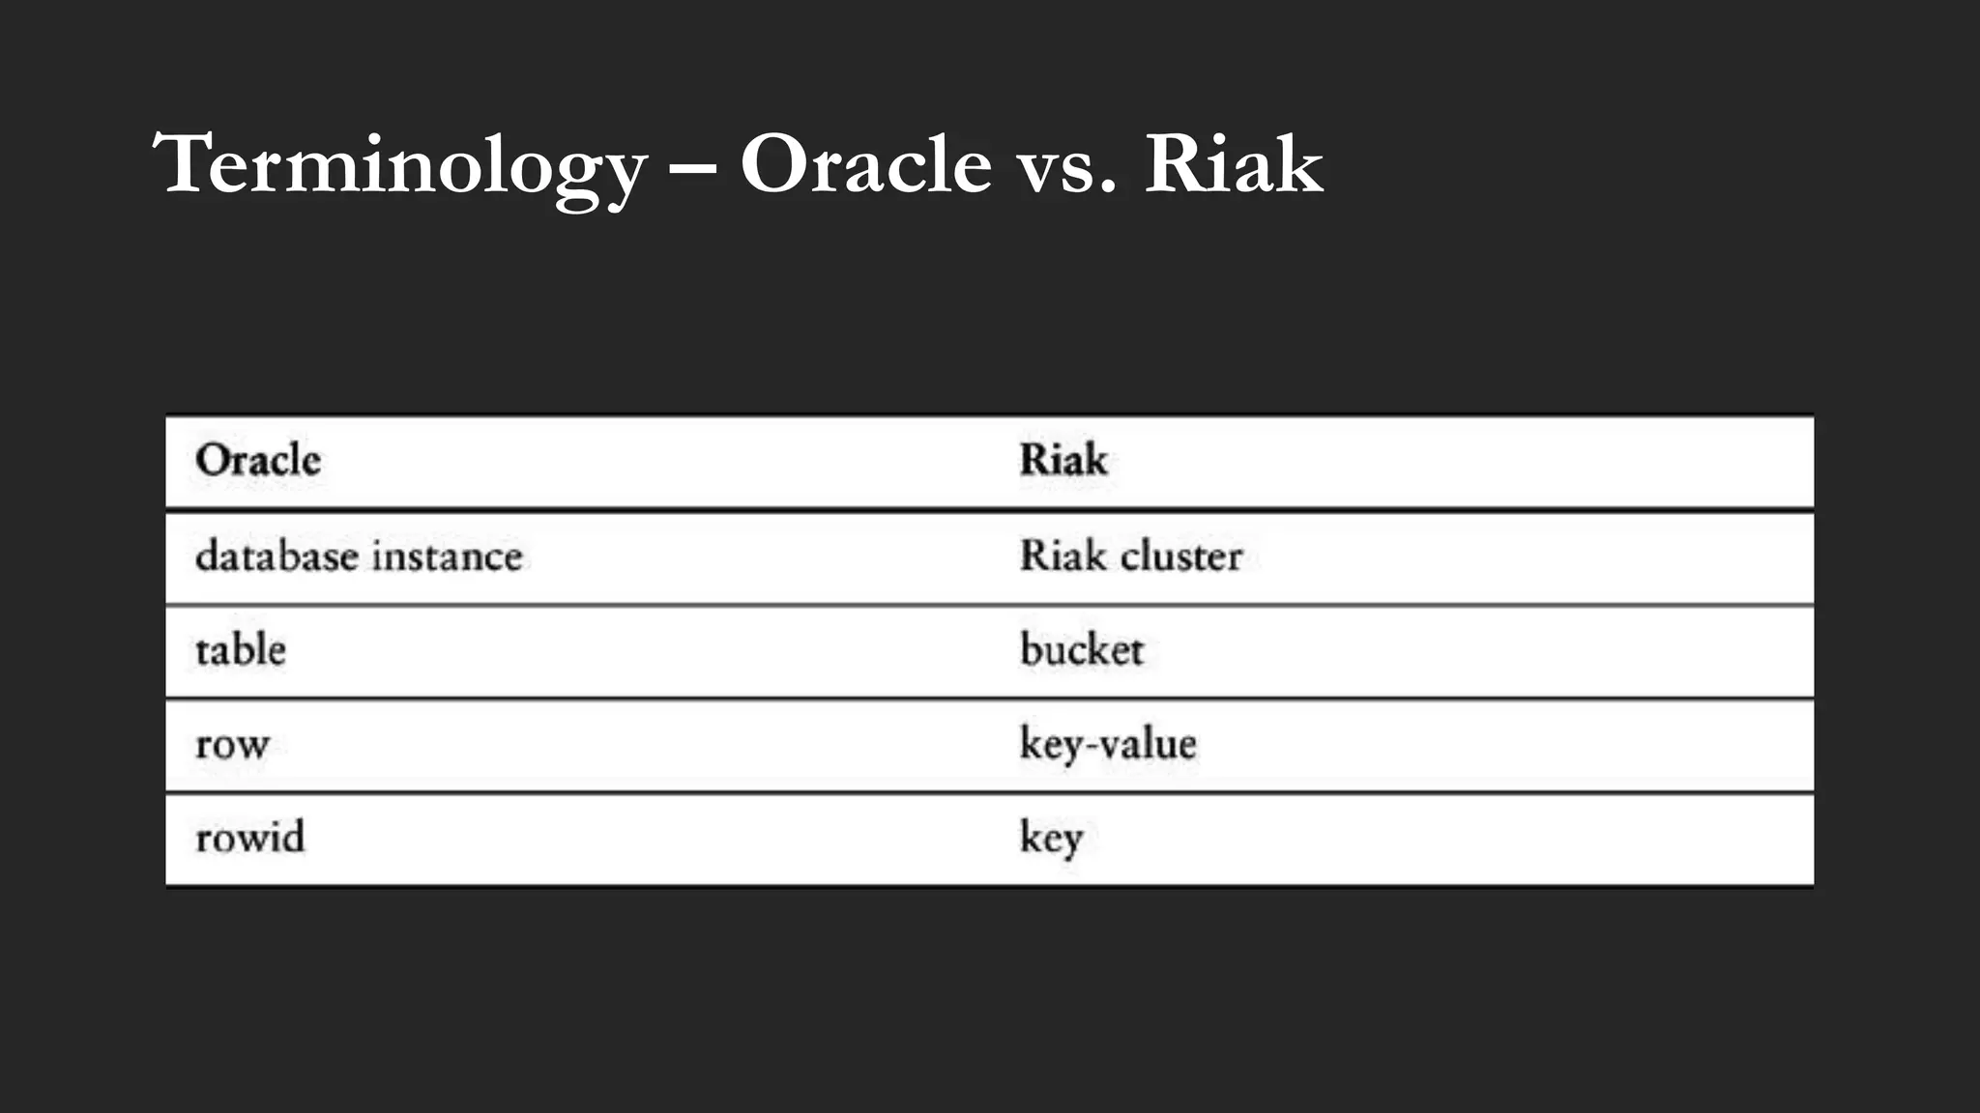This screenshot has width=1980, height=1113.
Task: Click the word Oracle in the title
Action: click(x=865, y=164)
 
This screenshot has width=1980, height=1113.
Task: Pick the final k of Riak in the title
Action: click(x=1296, y=164)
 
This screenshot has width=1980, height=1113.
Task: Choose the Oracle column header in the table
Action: click(x=258, y=460)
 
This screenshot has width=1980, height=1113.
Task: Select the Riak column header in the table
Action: click(x=1063, y=460)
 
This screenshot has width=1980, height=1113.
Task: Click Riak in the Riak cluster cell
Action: click(x=1063, y=556)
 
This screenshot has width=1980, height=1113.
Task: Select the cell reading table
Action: click(x=241, y=650)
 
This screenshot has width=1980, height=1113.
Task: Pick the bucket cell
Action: click(x=1082, y=650)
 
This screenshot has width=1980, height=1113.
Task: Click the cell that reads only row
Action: click(x=232, y=745)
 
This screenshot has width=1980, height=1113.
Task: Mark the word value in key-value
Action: click(x=1147, y=744)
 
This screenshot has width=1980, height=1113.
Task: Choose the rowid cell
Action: click(x=249, y=838)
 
